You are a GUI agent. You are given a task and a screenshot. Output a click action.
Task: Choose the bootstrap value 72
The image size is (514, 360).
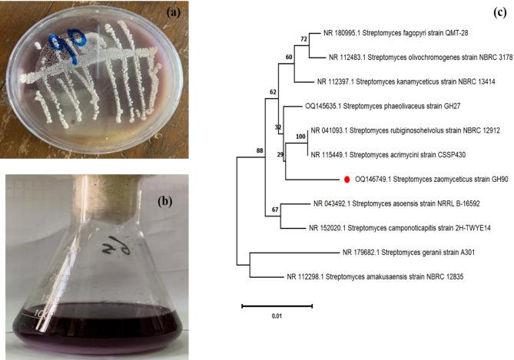point(303,38)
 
